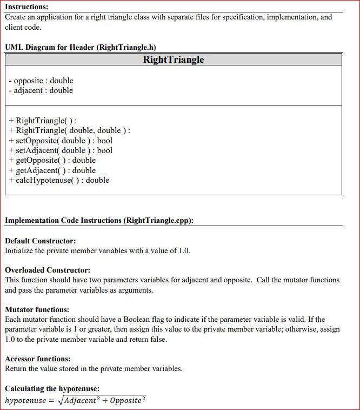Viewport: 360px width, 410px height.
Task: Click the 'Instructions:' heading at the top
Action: (26, 7)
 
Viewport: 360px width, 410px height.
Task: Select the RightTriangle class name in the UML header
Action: (174, 59)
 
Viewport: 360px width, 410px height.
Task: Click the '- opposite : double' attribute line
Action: (41, 81)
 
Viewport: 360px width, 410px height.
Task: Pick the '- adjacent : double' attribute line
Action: (41, 90)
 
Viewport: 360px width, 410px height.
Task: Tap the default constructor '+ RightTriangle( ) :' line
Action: (43, 121)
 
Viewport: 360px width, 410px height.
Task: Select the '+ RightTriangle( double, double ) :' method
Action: (70, 130)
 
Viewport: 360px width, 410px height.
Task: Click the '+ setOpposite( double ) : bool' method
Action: (61, 141)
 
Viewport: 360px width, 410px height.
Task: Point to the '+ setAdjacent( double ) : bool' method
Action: (61, 150)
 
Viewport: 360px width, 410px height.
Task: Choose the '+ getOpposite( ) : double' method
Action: (52, 160)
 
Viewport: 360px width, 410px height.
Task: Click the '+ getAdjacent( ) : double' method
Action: (52, 170)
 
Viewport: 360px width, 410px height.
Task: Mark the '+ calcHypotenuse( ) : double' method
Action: (59, 180)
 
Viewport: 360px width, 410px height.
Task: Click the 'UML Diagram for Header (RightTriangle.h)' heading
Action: (81, 47)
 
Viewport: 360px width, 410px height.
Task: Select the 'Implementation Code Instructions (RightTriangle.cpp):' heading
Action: (99, 220)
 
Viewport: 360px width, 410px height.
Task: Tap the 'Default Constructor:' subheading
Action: (40, 241)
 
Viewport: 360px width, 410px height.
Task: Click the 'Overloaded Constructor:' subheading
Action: (48, 270)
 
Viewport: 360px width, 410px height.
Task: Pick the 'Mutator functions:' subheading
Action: (37, 310)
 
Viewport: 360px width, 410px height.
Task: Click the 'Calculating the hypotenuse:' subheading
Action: (52, 389)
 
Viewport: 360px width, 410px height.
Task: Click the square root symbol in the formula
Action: (61, 400)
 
